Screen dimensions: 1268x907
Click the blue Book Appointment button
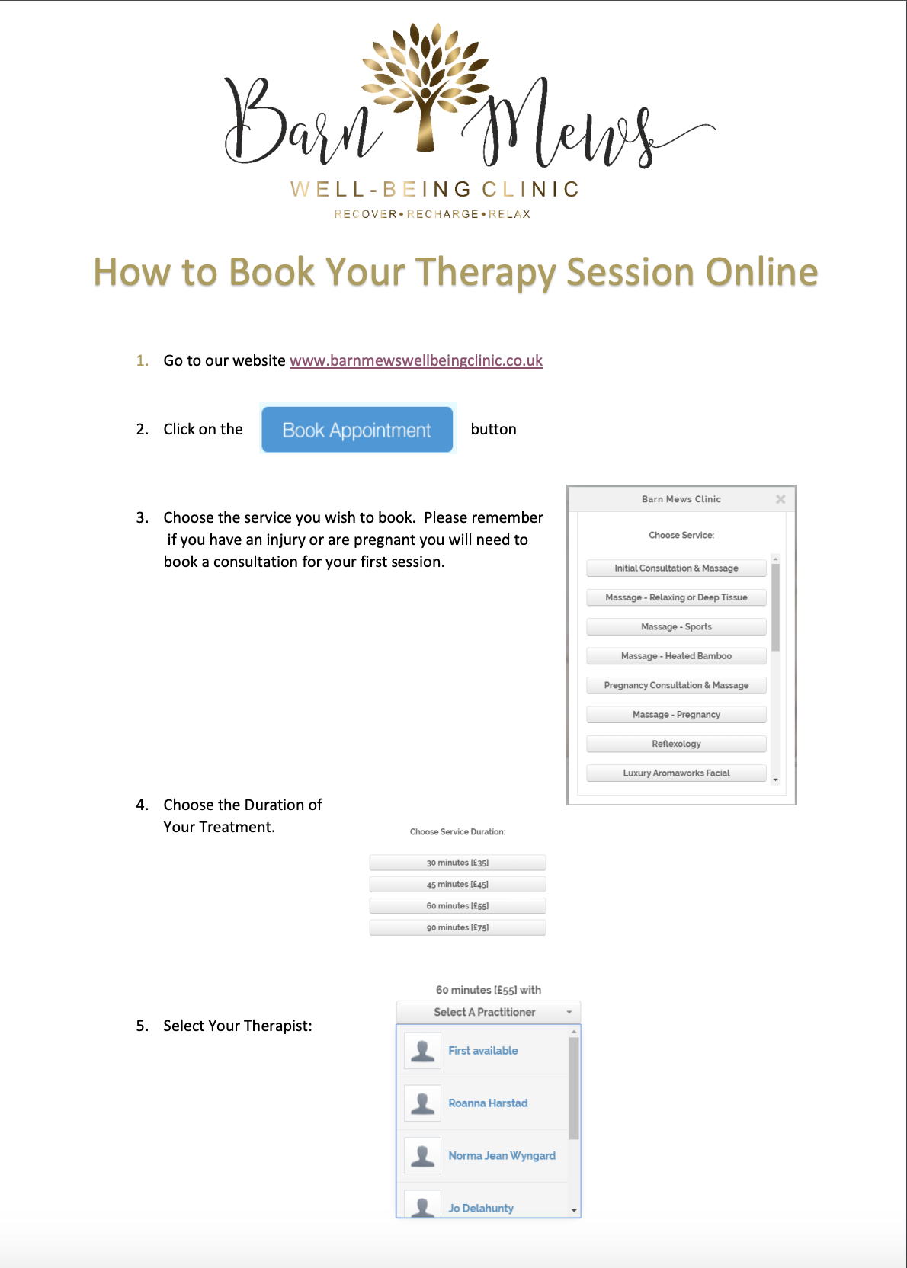(357, 430)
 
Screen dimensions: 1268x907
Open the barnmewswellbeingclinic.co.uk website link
(415, 360)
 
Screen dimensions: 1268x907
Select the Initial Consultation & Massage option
(676, 568)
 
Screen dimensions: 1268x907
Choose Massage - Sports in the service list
(676, 627)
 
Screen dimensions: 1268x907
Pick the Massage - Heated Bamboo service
(676, 656)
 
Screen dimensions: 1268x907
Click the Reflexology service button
(676, 744)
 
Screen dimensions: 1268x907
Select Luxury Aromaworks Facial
(676, 773)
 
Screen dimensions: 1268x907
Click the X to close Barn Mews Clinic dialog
(780, 499)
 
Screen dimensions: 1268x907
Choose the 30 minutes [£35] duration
(457, 863)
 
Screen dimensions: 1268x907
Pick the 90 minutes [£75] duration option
(457, 927)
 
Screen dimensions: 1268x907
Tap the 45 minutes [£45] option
(457, 885)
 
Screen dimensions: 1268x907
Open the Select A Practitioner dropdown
(488, 1012)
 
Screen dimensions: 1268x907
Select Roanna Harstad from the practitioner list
(488, 1103)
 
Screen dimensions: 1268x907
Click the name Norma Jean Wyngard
(502, 1156)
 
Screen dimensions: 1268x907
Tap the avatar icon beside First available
(422, 1051)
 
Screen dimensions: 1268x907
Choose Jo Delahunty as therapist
(481, 1208)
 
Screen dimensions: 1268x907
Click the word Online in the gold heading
(761, 272)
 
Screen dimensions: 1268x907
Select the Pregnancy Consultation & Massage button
(676, 686)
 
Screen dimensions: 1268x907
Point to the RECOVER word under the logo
(365, 214)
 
